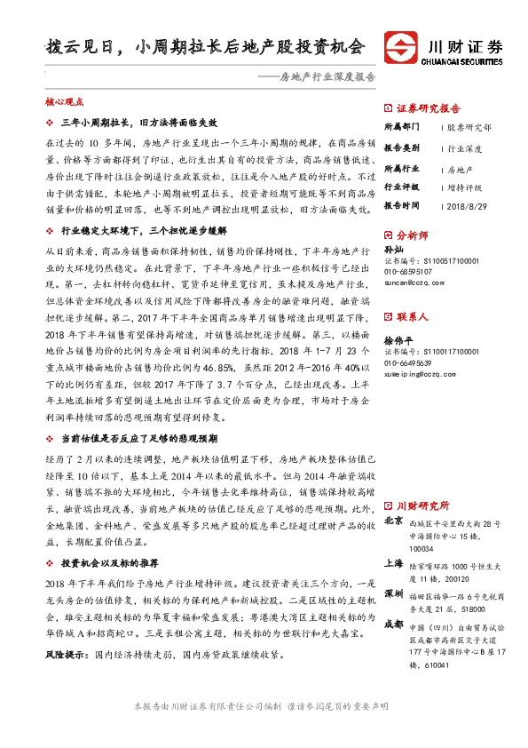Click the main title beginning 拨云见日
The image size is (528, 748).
204,47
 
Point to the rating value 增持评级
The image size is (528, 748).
464,187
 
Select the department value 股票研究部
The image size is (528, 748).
469,128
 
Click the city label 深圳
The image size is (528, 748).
393,593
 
